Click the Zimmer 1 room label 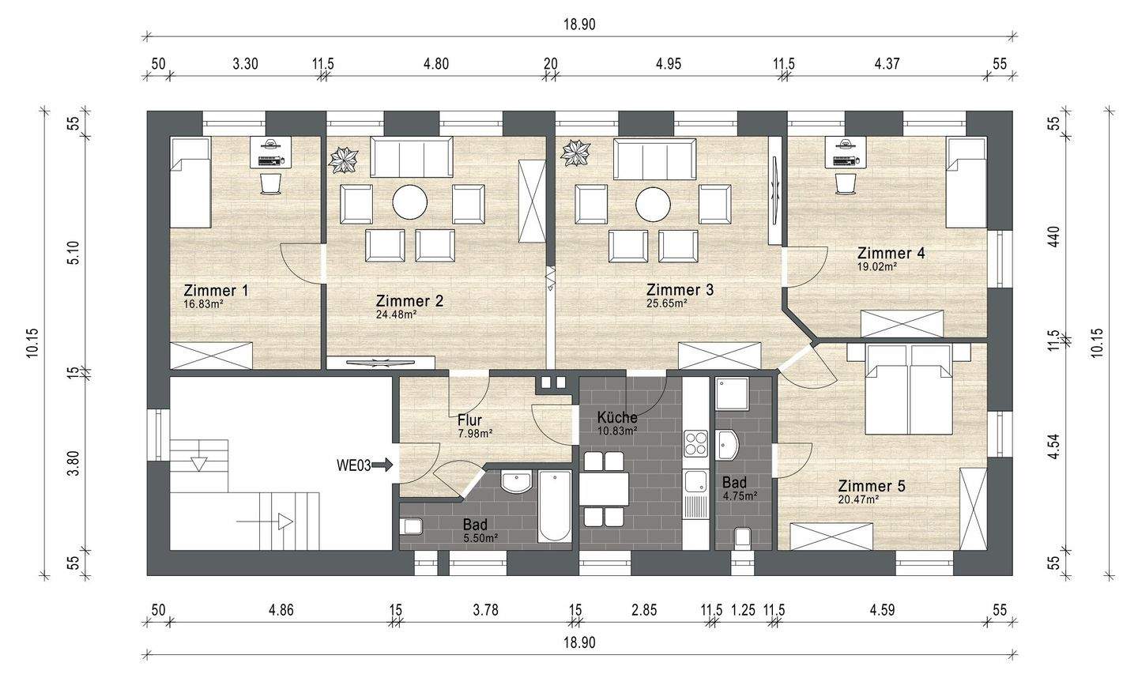point(216,291)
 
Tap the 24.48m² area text point(396,314)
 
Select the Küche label point(617,417)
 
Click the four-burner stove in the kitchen point(696,443)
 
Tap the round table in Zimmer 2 point(410,202)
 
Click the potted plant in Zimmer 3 point(575,152)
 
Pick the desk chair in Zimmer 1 point(271,183)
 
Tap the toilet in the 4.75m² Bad point(743,537)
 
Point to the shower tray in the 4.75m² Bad point(732,393)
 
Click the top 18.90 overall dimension point(579,24)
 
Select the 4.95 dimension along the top point(669,64)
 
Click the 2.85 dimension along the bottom point(644,610)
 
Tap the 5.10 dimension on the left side point(73,252)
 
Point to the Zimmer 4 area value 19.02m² point(877,266)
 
